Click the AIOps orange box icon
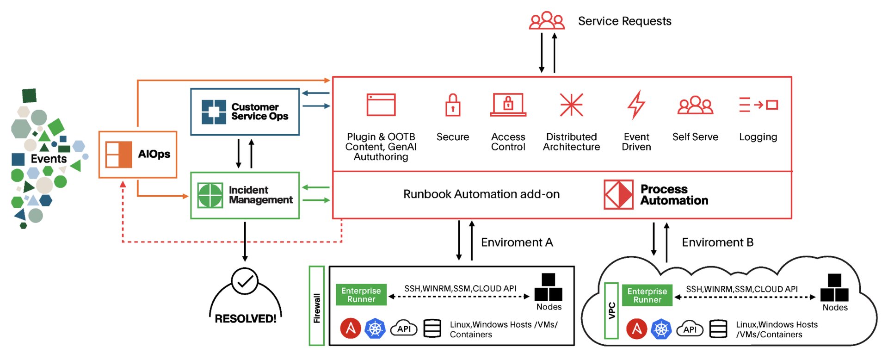[x=119, y=154]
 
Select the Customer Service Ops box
[x=245, y=112]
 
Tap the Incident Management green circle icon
[x=210, y=195]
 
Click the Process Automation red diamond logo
[x=618, y=195]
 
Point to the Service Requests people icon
[x=547, y=21]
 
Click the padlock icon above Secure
[x=452, y=105]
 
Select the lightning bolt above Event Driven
[x=636, y=105]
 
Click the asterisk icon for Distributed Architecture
[x=571, y=105]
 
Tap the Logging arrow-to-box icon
[x=758, y=105]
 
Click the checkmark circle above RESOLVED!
[x=244, y=281]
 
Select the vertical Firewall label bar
[x=317, y=306]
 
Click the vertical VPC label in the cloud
[x=611, y=310]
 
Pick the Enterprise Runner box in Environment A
[x=361, y=295]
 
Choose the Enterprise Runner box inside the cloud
[x=647, y=295]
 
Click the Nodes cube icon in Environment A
[x=549, y=288]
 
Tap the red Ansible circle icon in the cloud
[x=637, y=329]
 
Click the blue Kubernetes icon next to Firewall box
[x=375, y=329]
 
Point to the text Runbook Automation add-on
[x=481, y=194]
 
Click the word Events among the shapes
[x=49, y=159]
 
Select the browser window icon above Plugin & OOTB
[x=381, y=105]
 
